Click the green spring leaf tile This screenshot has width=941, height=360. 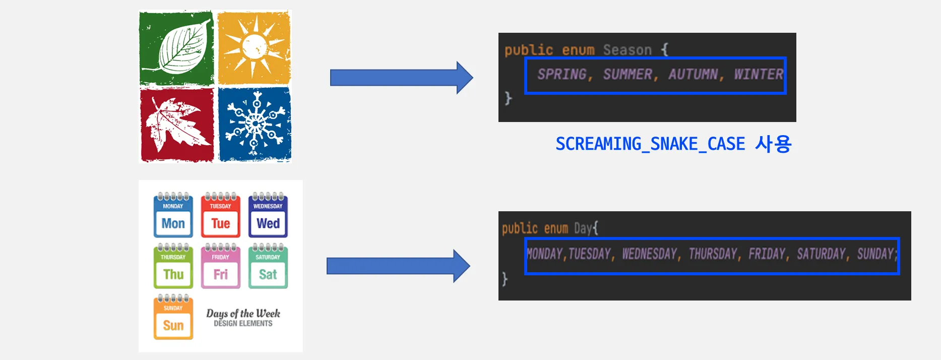[176, 48]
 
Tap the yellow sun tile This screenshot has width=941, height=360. [254, 47]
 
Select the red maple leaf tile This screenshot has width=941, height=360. [176, 125]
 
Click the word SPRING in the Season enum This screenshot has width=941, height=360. [562, 75]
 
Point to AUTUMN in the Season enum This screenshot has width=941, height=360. [693, 75]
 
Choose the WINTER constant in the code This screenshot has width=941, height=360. [758, 75]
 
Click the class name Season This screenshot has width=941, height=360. [627, 50]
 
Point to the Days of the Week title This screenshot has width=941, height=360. [243, 314]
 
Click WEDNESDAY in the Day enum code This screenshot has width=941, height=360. [649, 254]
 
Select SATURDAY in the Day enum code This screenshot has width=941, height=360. [821, 254]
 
